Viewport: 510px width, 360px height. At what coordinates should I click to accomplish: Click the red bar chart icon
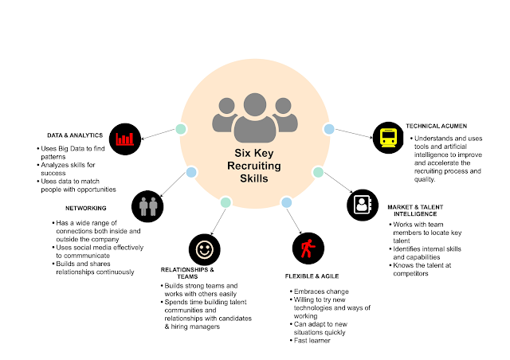pos(124,139)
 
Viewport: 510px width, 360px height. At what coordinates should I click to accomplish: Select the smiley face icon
pos(204,249)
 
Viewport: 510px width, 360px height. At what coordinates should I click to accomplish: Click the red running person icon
pos(306,248)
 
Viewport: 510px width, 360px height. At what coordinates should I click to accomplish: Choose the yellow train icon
pos(390,138)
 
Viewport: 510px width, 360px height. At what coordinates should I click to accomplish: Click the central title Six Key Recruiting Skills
pos(253,166)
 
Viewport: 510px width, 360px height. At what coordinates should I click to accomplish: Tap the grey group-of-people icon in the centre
pos(252,114)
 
